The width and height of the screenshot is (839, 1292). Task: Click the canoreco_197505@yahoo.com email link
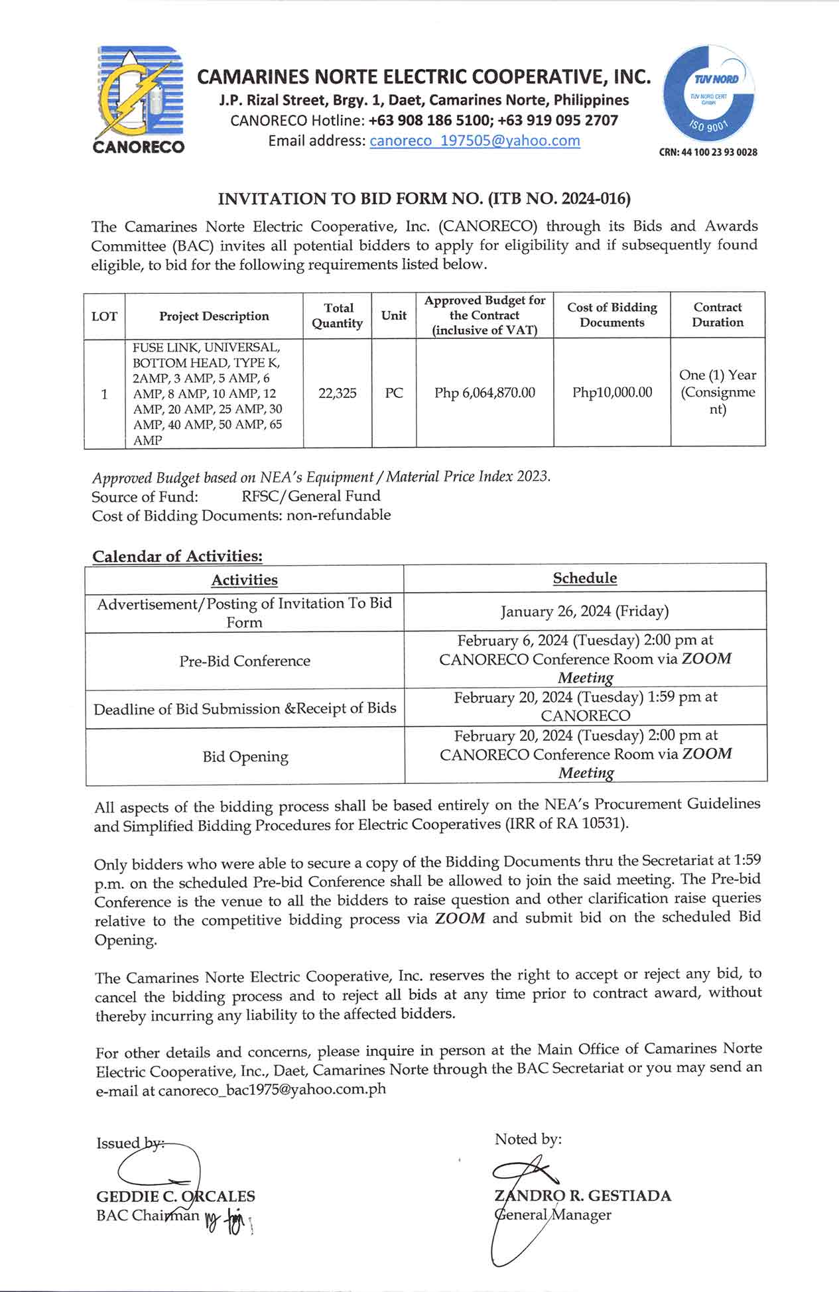click(474, 141)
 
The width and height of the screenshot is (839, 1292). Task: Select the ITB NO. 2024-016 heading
click(424, 198)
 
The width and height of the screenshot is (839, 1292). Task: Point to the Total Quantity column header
click(338, 316)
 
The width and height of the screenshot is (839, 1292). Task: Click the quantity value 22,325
click(338, 393)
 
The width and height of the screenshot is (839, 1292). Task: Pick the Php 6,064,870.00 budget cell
click(485, 393)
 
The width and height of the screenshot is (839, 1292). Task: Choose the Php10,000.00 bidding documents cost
click(612, 393)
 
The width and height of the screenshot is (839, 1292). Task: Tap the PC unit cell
click(394, 393)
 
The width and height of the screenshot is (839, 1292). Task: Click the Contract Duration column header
click(718, 315)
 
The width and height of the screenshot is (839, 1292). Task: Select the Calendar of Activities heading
click(177, 556)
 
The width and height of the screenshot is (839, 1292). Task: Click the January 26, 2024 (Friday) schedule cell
click(584, 611)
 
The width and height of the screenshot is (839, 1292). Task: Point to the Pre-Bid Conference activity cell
click(245, 661)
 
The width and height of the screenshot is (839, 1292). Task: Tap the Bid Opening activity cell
click(245, 757)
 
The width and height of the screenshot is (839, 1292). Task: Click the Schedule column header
click(584, 578)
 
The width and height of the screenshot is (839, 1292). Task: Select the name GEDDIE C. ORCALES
click(176, 1196)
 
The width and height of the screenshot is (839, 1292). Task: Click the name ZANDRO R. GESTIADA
click(582, 1196)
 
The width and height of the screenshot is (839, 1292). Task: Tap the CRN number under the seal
click(708, 153)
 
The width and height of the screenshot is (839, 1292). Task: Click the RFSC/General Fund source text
click(310, 496)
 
